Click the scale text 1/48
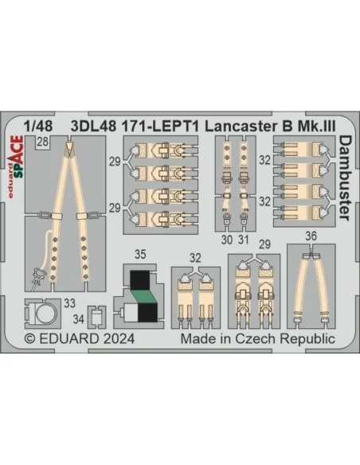click(38, 127)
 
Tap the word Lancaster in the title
click(240, 127)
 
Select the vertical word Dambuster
click(344, 178)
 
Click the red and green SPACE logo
click(16, 161)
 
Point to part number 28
click(43, 142)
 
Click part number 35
click(140, 255)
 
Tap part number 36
click(311, 236)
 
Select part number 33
click(69, 303)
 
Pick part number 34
click(79, 319)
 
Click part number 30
click(227, 240)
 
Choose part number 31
click(244, 240)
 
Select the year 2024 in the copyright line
click(119, 338)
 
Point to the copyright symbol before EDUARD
click(29, 339)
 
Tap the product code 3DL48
click(93, 127)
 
